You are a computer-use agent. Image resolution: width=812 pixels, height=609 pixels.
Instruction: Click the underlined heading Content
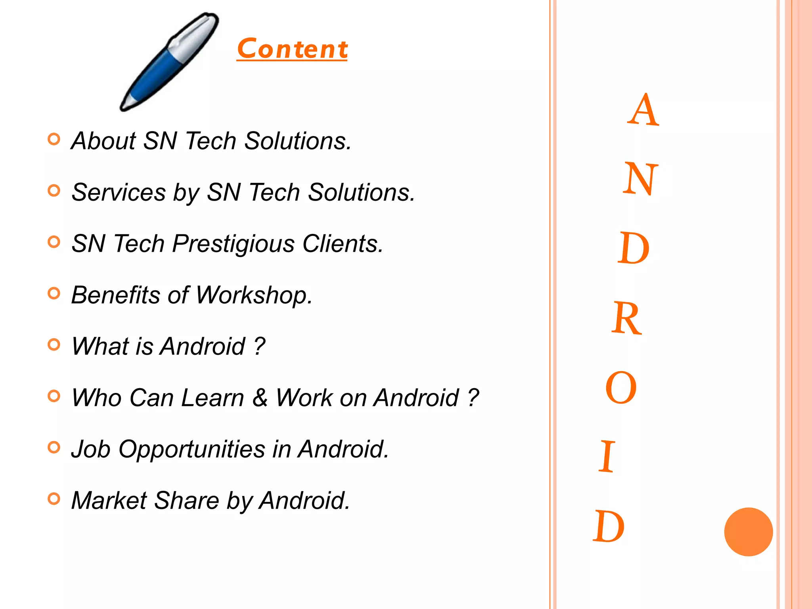292,49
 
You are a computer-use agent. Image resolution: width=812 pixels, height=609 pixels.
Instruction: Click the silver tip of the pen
128,102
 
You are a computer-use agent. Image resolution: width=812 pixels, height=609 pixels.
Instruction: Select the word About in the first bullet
103,141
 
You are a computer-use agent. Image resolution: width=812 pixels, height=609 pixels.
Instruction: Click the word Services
119,192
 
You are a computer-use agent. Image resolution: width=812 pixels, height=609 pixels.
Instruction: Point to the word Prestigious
234,244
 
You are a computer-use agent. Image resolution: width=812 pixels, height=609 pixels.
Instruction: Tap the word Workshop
254,295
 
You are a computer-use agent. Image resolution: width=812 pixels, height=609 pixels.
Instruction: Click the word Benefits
115,295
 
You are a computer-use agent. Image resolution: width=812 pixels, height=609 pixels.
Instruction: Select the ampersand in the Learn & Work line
260,397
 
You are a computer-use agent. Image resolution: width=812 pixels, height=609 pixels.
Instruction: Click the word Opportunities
192,450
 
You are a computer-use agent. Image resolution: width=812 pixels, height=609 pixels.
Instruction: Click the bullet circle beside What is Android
54,344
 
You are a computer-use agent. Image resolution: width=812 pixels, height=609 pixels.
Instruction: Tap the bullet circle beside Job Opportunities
54,447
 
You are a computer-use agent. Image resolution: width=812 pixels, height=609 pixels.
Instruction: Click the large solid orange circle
748,532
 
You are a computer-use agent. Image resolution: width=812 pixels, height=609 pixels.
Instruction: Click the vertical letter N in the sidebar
640,179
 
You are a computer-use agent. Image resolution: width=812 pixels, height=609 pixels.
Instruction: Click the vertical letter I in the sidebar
607,457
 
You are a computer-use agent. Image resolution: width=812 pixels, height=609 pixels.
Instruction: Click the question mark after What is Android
259,346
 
